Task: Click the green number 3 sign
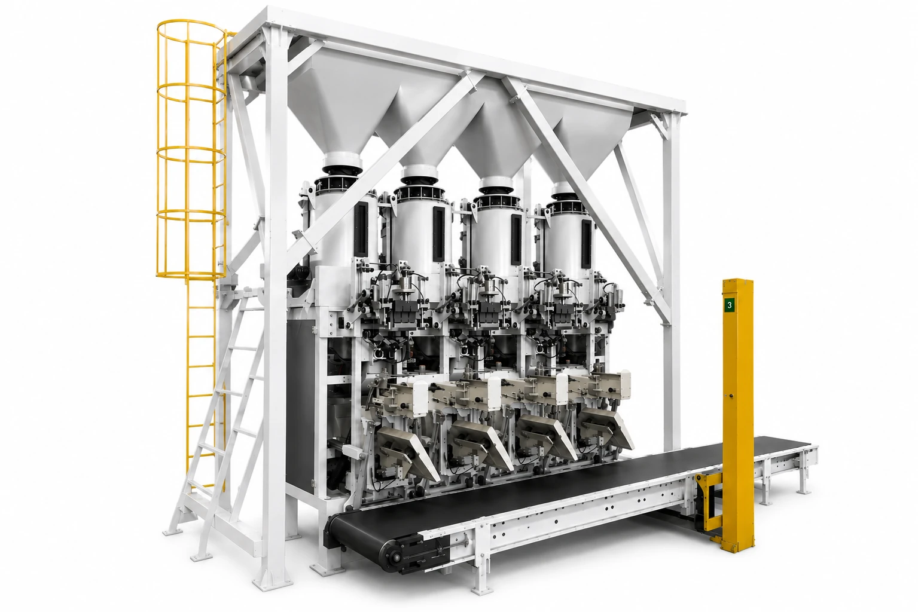click(x=730, y=305)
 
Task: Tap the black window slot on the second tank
click(x=438, y=234)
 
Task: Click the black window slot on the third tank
click(x=516, y=240)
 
